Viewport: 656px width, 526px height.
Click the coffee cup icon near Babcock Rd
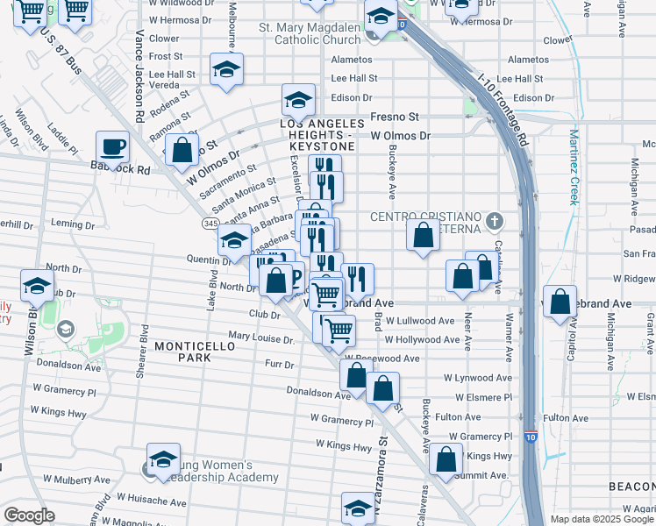tap(112, 146)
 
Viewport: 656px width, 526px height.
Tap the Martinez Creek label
tap(574, 167)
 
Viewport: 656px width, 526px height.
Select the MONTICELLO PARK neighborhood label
tap(182, 352)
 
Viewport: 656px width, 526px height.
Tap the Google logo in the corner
tap(29, 515)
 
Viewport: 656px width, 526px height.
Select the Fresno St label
tap(395, 117)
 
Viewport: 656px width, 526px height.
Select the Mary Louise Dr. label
tap(260, 338)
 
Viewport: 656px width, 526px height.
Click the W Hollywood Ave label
tap(422, 339)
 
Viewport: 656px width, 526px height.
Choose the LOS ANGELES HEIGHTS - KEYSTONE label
tap(322, 131)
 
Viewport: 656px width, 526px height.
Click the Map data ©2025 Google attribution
tap(601, 519)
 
